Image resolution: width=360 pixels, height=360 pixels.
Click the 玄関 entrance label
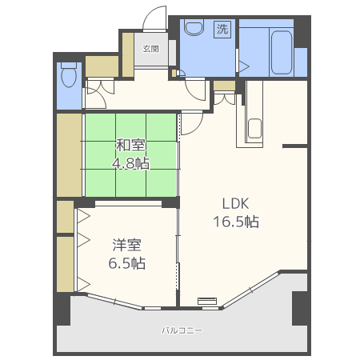151,49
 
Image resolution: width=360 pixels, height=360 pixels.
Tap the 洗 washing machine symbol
222,29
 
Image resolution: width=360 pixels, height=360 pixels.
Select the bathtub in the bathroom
282,53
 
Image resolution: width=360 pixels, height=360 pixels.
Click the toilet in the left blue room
69,74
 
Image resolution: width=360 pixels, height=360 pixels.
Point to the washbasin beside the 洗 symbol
194,27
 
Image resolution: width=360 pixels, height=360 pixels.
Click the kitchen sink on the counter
254,129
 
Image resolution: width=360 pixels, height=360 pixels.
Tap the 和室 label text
130,146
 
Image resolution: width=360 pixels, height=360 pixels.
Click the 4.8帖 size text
130,163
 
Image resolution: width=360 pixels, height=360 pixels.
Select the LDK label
236,204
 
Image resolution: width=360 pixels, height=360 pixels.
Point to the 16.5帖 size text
236,222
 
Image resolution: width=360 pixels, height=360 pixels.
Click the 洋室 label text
126,245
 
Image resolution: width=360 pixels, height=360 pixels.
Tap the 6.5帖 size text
127,263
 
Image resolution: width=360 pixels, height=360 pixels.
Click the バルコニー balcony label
182,330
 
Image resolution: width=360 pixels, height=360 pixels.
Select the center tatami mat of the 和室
130,155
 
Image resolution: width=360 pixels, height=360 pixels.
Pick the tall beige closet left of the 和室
69,155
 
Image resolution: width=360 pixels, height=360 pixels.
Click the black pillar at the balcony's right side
301,308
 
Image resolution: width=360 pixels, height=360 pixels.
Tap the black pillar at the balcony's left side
63,310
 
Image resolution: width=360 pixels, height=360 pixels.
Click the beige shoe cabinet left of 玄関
128,55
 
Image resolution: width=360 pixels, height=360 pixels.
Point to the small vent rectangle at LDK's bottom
207,301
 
